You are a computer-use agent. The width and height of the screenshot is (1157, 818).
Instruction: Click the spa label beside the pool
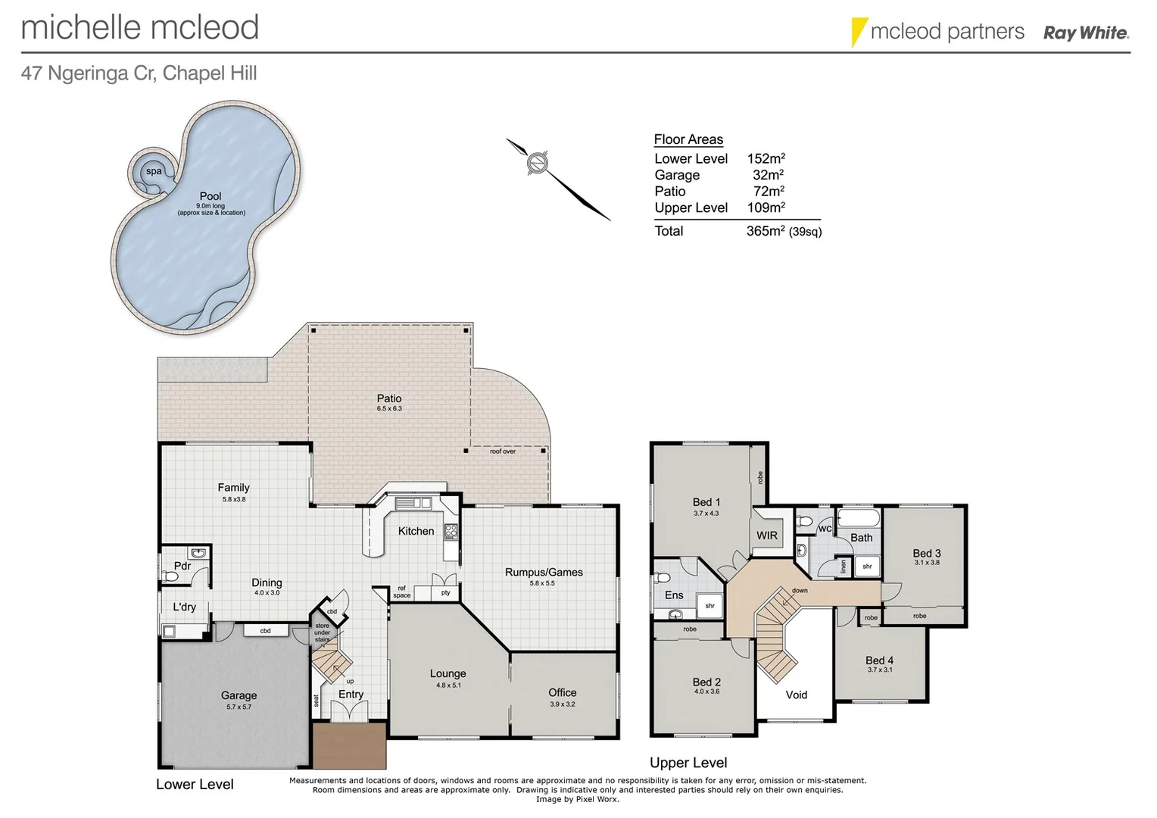(x=154, y=172)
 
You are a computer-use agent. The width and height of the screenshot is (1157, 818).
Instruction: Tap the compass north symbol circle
(x=537, y=163)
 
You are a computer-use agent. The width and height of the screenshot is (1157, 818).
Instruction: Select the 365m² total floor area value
(x=766, y=231)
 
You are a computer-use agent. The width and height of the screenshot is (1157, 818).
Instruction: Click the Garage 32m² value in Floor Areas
(x=768, y=175)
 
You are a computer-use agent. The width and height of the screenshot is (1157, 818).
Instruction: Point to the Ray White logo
(x=1086, y=33)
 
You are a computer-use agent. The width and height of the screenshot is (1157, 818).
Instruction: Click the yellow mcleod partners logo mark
(x=859, y=32)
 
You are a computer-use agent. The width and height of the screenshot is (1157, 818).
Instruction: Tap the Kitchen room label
(x=416, y=531)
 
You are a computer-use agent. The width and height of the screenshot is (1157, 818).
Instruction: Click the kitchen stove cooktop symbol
(x=451, y=531)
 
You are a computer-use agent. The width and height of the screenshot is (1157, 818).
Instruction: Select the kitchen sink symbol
(x=413, y=503)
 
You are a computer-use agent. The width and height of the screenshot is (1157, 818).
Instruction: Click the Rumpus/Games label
(x=544, y=572)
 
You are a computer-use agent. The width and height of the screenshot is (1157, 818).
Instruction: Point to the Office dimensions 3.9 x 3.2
(x=562, y=704)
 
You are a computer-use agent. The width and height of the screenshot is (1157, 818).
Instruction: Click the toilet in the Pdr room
(x=170, y=576)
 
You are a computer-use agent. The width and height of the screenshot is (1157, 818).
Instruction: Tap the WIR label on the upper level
(x=766, y=535)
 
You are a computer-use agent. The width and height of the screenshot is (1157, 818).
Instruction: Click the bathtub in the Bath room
(x=858, y=518)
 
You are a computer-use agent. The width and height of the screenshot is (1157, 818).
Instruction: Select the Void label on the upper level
(x=796, y=695)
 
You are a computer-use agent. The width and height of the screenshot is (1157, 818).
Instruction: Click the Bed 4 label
(x=879, y=660)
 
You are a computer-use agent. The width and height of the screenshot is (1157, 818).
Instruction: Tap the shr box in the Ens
(x=709, y=606)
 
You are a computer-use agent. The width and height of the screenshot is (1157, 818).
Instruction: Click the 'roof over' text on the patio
(x=503, y=451)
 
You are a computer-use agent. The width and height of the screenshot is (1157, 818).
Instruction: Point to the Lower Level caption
(x=195, y=784)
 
